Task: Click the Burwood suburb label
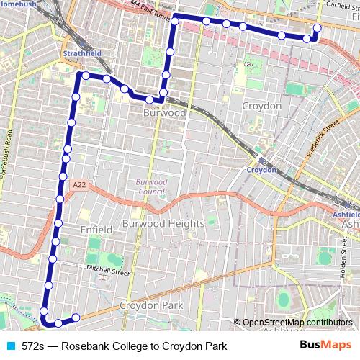pyautogui.click(x=165, y=113)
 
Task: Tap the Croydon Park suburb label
pyautogui.click(x=151, y=306)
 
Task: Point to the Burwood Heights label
pyautogui.click(x=163, y=224)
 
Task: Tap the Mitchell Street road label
pyautogui.click(x=108, y=272)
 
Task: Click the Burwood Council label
pyautogui.click(x=150, y=186)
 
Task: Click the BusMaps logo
pyautogui.click(x=327, y=346)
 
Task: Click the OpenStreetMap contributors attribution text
pyautogui.click(x=297, y=323)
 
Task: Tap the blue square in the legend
pyautogui.click(x=10, y=346)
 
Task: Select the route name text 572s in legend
pyautogui.click(x=32, y=346)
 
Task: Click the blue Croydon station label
pyautogui.click(x=261, y=170)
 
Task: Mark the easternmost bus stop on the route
pyautogui.click(x=315, y=29)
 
